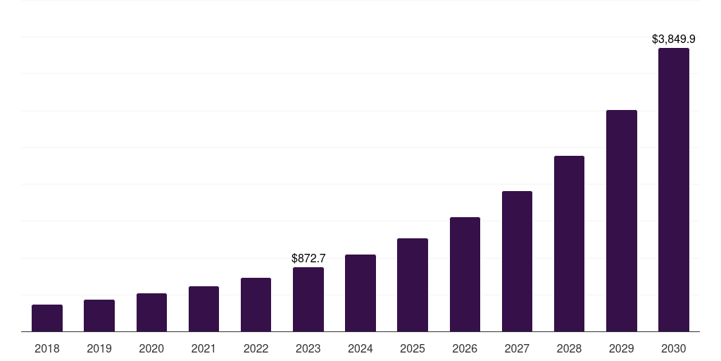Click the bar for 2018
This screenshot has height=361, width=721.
[x=47, y=318]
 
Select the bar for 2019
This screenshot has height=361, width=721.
[x=99, y=316]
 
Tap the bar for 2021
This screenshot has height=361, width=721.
[x=203, y=309]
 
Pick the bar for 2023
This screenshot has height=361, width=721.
[x=308, y=300]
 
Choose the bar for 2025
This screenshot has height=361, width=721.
[x=413, y=285]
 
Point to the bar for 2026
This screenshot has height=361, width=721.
[x=465, y=274]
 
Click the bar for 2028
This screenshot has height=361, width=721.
[x=569, y=244]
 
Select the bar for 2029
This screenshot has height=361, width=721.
[x=622, y=221]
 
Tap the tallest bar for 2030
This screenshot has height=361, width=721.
[x=674, y=190]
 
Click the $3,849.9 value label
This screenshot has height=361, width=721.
[x=674, y=39]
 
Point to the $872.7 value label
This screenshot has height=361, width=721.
[x=308, y=259]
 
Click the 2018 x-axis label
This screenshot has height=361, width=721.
[x=47, y=348]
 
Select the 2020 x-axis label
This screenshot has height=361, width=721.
[x=151, y=348]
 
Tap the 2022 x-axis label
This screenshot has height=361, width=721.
[x=256, y=348]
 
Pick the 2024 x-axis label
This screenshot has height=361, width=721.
[x=360, y=348]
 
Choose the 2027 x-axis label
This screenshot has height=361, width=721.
[x=517, y=348]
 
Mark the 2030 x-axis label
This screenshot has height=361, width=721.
[x=674, y=348]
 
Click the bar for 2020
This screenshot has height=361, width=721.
[x=151, y=312]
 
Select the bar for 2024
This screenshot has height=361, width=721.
[x=360, y=293]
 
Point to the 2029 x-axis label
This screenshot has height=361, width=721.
[x=622, y=348]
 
